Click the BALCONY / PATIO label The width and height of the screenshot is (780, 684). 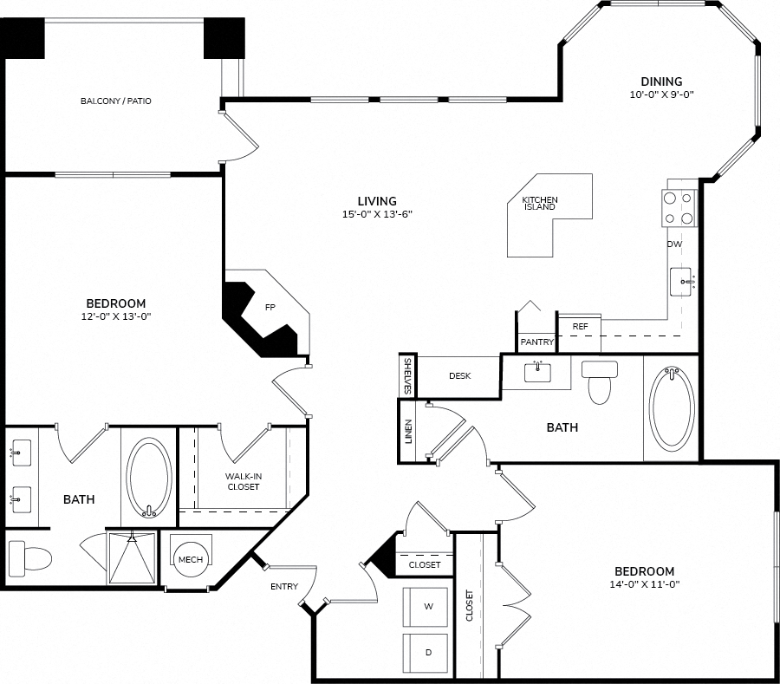click(116, 101)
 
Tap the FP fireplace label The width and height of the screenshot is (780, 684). click(270, 308)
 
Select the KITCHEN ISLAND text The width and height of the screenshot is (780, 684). click(540, 203)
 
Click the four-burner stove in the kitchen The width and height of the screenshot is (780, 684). click(679, 208)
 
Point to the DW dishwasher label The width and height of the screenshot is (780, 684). click(674, 244)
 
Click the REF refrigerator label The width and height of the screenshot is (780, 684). click(580, 326)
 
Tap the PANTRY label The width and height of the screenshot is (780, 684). click(536, 342)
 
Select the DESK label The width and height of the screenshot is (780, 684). click(459, 376)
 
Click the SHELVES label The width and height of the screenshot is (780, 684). click(408, 376)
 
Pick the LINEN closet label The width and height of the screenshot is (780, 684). click(408, 432)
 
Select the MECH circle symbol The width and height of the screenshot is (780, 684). click(191, 560)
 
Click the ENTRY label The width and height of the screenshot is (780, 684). click(284, 587)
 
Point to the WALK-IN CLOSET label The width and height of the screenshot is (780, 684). click(244, 481)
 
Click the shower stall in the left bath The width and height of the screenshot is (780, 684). click(132, 557)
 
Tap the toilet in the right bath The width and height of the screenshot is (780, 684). click(600, 382)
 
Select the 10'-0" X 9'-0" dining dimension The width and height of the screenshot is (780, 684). click(661, 94)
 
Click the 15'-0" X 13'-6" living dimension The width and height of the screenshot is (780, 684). click(377, 214)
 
